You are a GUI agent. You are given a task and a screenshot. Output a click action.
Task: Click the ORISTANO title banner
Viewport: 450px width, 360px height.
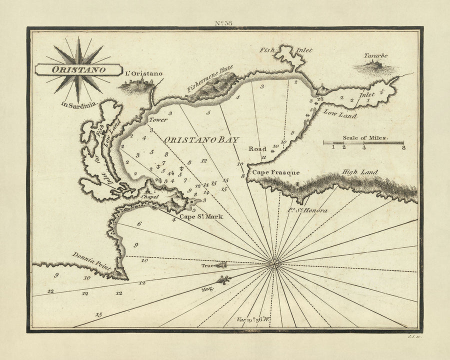(78, 69)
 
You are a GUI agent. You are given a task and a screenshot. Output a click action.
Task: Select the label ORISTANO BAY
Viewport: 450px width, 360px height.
(201, 140)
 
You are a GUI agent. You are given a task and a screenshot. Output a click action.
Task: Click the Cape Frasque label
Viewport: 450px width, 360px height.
(275, 172)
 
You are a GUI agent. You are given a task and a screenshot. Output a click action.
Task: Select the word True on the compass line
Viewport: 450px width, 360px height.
(207, 266)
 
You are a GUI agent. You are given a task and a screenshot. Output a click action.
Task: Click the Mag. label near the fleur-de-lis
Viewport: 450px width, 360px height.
(208, 289)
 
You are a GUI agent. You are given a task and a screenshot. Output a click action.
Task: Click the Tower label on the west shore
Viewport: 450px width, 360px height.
(154, 120)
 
